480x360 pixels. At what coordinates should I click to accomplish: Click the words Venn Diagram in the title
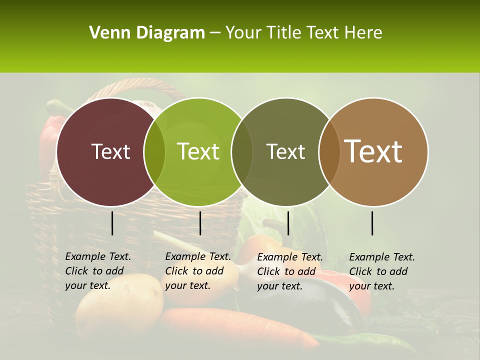[146, 33]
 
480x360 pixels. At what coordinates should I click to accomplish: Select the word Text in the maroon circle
[110, 151]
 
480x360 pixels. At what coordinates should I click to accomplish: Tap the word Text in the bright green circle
[198, 151]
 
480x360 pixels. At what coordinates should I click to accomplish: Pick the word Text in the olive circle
[285, 151]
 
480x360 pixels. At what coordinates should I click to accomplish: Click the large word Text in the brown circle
[373, 151]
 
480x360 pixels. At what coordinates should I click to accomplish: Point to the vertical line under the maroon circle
[112, 223]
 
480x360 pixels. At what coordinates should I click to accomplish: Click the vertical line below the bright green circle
[200, 223]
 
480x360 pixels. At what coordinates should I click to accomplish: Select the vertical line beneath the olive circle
[288, 223]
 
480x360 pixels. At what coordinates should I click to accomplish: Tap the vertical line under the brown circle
[372, 223]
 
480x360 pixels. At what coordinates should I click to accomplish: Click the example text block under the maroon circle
[98, 271]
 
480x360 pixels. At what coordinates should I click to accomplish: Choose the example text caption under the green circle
[198, 271]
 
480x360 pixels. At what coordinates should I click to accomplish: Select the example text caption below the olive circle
[290, 271]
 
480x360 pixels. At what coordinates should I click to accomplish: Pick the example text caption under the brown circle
[382, 271]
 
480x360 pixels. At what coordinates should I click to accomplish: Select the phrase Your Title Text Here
[303, 33]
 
